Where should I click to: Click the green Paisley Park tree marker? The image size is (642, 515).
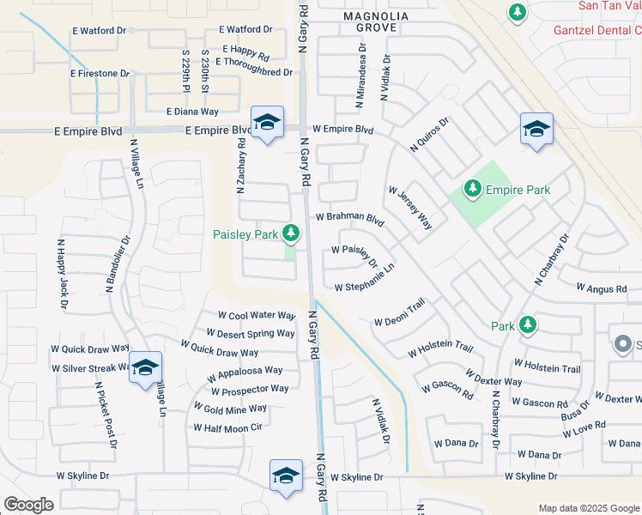(292, 233)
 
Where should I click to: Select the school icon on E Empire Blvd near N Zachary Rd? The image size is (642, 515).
(267, 124)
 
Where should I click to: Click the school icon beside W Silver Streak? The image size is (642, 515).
(145, 367)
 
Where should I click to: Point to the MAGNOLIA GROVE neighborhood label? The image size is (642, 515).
(370, 21)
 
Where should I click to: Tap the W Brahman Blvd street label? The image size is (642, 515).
(348, 219)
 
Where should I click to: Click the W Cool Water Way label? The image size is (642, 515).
(257, 316)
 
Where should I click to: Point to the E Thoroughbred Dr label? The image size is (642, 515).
(254, 72)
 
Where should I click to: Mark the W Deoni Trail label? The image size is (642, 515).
(400, 314)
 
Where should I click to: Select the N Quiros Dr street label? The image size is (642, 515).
(430, 135)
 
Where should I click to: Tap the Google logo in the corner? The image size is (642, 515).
(28, 505)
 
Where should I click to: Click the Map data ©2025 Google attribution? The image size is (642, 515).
(589, 508)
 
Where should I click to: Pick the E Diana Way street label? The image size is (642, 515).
(193, 112)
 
